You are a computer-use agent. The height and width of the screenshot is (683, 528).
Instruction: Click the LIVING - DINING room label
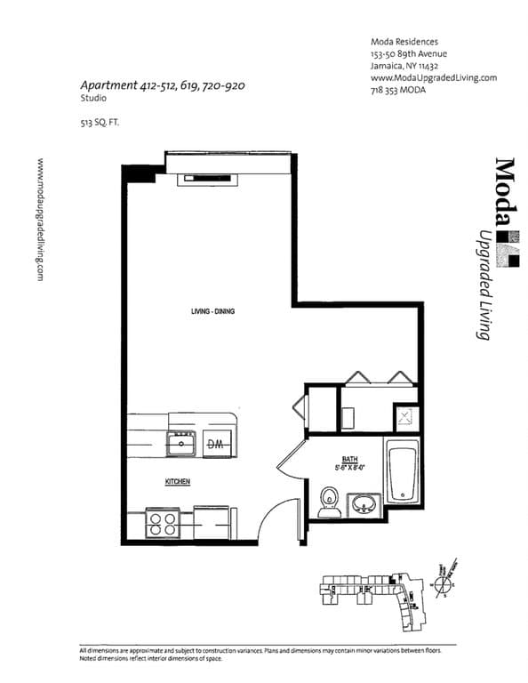coord(212,311)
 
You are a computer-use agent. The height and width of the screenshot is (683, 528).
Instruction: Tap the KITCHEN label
coord(178,482)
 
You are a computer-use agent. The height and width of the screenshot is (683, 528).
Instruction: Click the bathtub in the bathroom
coord(403,471)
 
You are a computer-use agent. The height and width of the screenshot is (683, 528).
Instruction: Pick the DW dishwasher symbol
coord(215,442)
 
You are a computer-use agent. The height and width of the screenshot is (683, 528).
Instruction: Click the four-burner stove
coord(162,522)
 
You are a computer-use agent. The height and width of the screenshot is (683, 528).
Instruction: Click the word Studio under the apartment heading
coord(92,101)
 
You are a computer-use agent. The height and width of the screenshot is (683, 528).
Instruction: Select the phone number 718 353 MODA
coord(404,90)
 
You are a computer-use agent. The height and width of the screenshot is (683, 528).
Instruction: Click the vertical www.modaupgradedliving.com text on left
coord(40,220)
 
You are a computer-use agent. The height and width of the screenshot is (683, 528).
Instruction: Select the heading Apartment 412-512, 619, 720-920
coord(162,86)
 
